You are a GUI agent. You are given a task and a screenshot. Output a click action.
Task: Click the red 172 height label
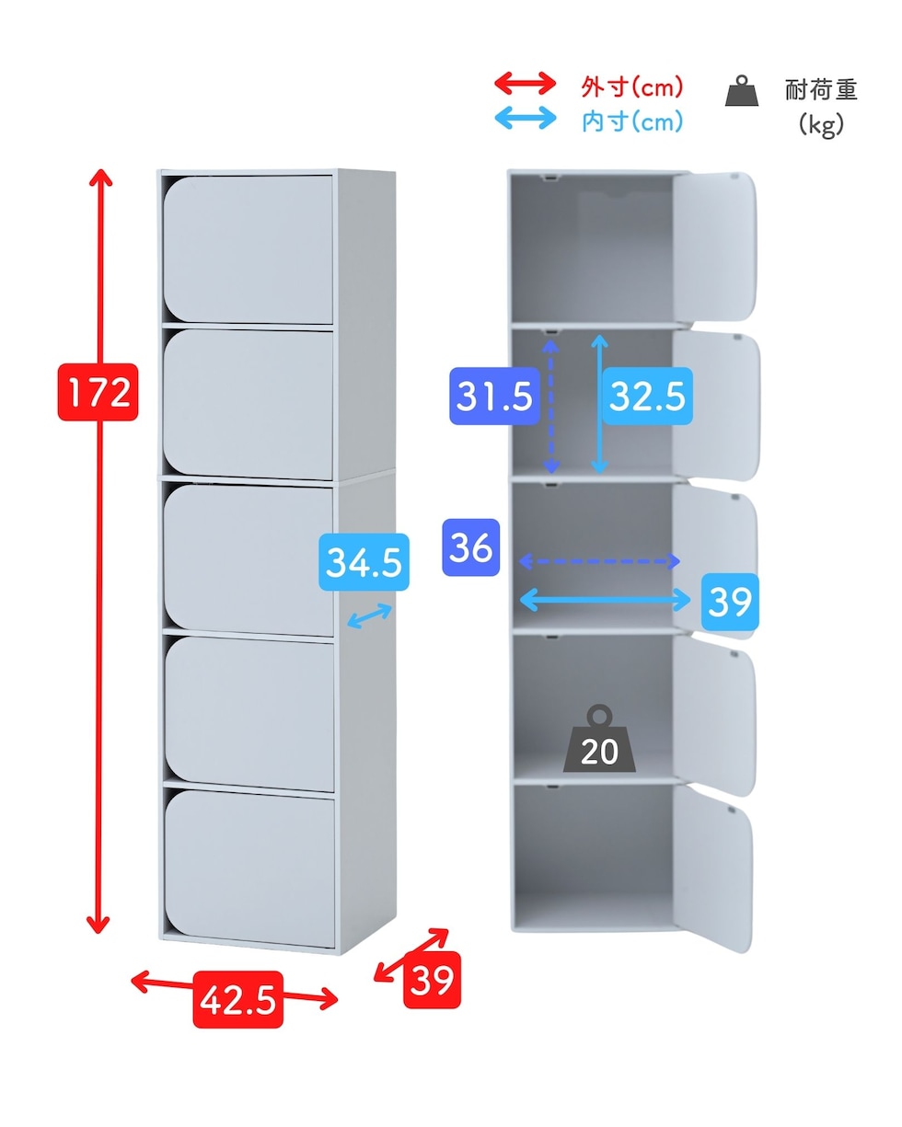pyautogui.click(x=98, y=392)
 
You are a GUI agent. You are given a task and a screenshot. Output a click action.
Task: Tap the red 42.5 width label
pyautogui.click(x=237, y=999)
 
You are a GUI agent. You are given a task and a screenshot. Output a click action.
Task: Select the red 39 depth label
pyautogui.click(x=432, y=980)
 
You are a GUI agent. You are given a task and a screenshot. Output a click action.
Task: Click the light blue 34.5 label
pyautogui.click(x=364, y=562)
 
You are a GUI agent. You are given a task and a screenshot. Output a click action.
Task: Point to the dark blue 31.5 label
pyautogui.click(x=495, y=396)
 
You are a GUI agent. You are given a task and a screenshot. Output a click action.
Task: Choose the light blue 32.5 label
pyautogui.click(x=647, y=396)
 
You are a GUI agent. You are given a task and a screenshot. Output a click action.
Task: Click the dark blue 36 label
pyautogui.click(x=470, y=547)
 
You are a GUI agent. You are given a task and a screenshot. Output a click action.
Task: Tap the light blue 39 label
pyautogui.click(x=730, y=601)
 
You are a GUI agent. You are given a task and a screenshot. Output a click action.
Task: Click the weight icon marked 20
pyautogui.click(x=599, y=739)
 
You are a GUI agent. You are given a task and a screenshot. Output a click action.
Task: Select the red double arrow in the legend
pyautogui.click(x=526, y=84)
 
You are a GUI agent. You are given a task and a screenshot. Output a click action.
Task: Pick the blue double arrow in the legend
pyautogui.click(x=526, y=118)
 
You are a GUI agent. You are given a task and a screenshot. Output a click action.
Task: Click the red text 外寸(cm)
pyautogui.click(x=632, y=86)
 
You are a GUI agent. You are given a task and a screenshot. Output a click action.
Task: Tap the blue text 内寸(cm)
pyautogui.click(x=632, y=121)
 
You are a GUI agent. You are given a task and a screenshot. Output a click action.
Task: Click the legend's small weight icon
pyautogui.click(x=742, y=90)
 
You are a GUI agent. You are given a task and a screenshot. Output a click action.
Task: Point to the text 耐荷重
pyautogui.click(x=821, y=89)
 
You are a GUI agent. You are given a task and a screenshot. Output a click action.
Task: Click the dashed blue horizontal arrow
pyautogui.click(x=599, y=561)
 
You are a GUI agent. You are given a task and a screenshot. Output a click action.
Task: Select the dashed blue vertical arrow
pyautogui.click(x=550, y=406)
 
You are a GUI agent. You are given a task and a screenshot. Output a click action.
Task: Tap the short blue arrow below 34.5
pyautogui.click(x=369, y=615)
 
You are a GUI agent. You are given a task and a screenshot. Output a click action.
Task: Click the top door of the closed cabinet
pyautogui.click(x=248, y=249)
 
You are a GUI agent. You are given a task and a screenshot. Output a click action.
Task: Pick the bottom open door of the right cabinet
pyautogui.click(x=712, y=869)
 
